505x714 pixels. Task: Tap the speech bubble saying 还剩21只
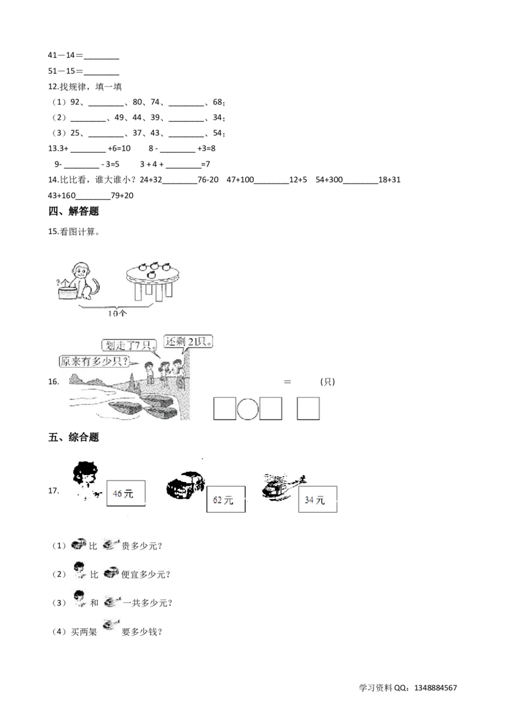(x=187, y=341)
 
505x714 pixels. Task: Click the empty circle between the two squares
(x=247, y=409)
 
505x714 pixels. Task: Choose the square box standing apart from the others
(x=309, y=409)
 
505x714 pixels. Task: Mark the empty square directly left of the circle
(x=225, y=409)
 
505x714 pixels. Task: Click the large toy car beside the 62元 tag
(x=185, y=486)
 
